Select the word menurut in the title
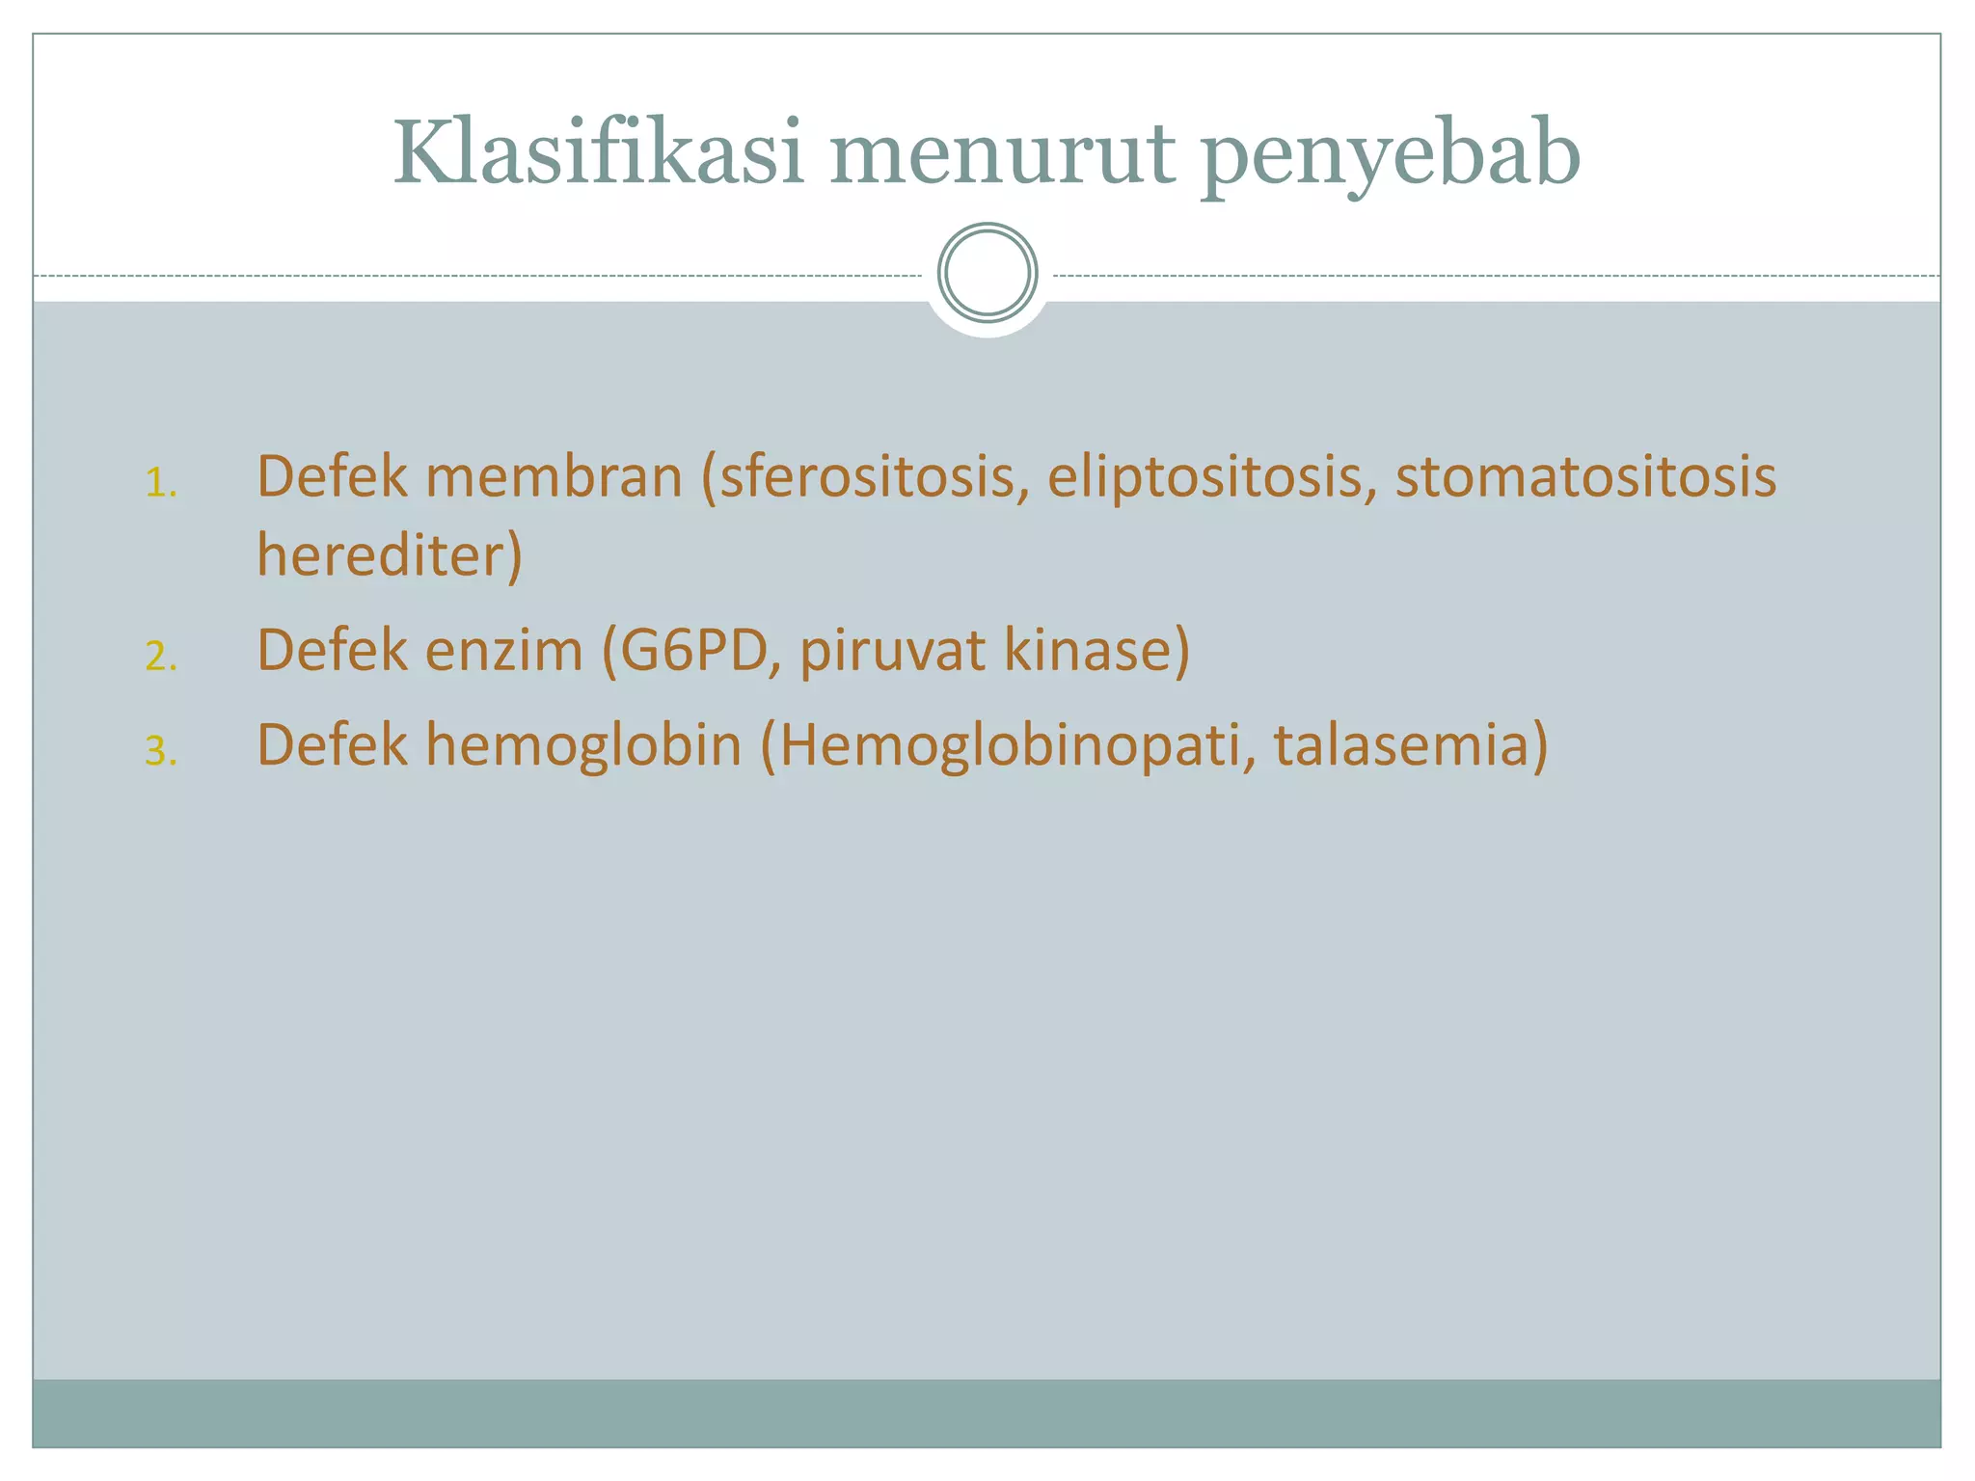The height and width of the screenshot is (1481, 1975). point(1002,154)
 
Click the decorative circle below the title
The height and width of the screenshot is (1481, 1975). point(987,273)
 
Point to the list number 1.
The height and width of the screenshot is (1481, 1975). point(161,483)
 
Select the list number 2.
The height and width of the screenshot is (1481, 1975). point(161,656)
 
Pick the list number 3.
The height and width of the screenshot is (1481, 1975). point(161,750)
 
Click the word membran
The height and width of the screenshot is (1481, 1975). point(554,476)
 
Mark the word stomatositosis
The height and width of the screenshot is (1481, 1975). point(1584,477)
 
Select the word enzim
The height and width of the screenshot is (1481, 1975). point(503,650)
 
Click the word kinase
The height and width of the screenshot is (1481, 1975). point(1096,650)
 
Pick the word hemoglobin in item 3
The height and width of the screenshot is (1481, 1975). point(583,744)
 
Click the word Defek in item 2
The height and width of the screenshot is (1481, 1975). point(332,650)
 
